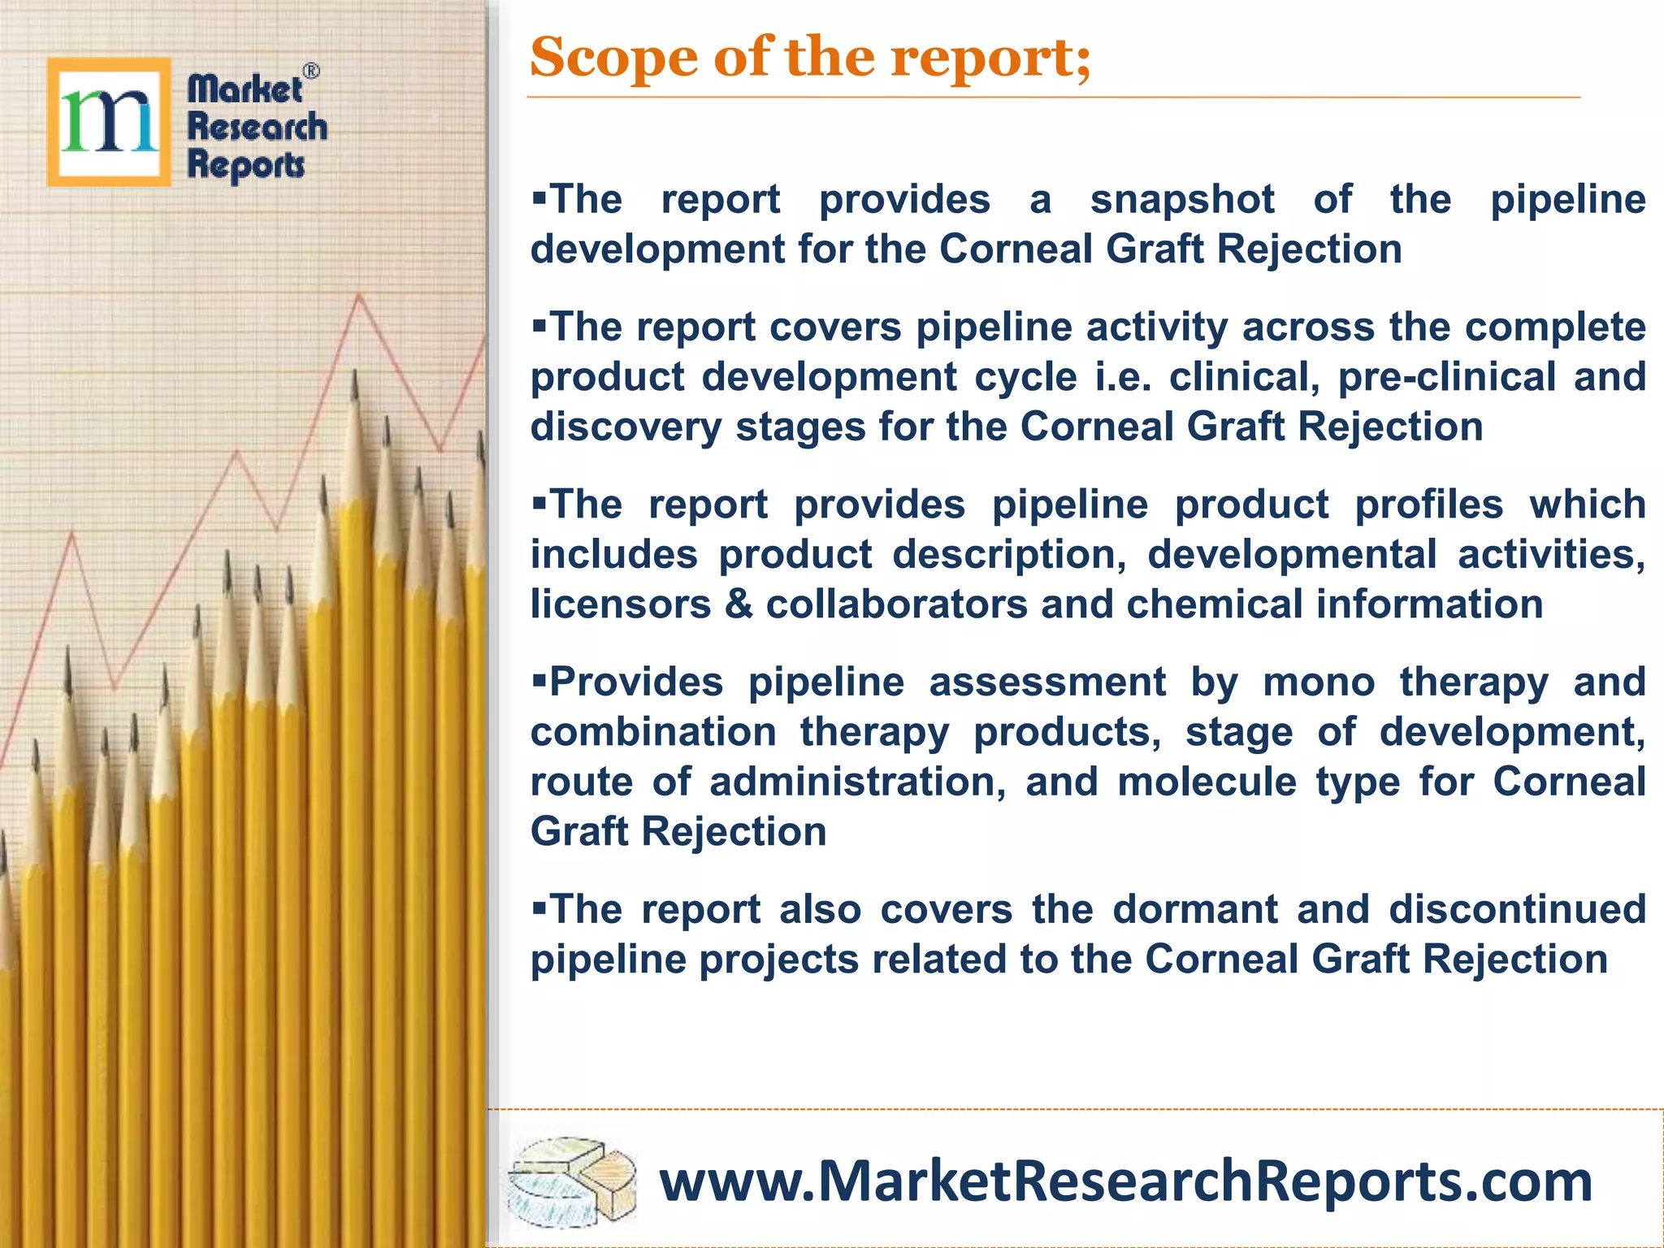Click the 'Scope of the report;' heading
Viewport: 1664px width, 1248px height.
coord(810,58)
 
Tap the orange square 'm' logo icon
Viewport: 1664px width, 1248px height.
coord(109,122)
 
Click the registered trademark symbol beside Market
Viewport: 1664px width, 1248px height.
coord(311,71)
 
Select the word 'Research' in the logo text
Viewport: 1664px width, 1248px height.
coord(257,127)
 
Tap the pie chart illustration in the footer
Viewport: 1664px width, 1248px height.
coord(571,1182)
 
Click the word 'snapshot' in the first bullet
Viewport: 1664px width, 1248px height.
coord(1182,200)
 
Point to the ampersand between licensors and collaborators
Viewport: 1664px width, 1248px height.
coord(738,604)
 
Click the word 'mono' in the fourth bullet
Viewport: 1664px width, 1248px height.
coord(1318,682)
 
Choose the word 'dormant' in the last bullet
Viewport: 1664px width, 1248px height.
coord(1195,908)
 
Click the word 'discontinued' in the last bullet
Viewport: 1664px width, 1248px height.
coord(1517,908)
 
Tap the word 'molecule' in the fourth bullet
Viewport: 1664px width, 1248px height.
coord(1207,782)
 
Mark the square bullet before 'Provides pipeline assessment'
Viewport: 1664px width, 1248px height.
coord(539,676)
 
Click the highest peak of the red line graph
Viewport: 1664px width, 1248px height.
coord(359,296)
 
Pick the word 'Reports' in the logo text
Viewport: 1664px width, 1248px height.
coord(246,165)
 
